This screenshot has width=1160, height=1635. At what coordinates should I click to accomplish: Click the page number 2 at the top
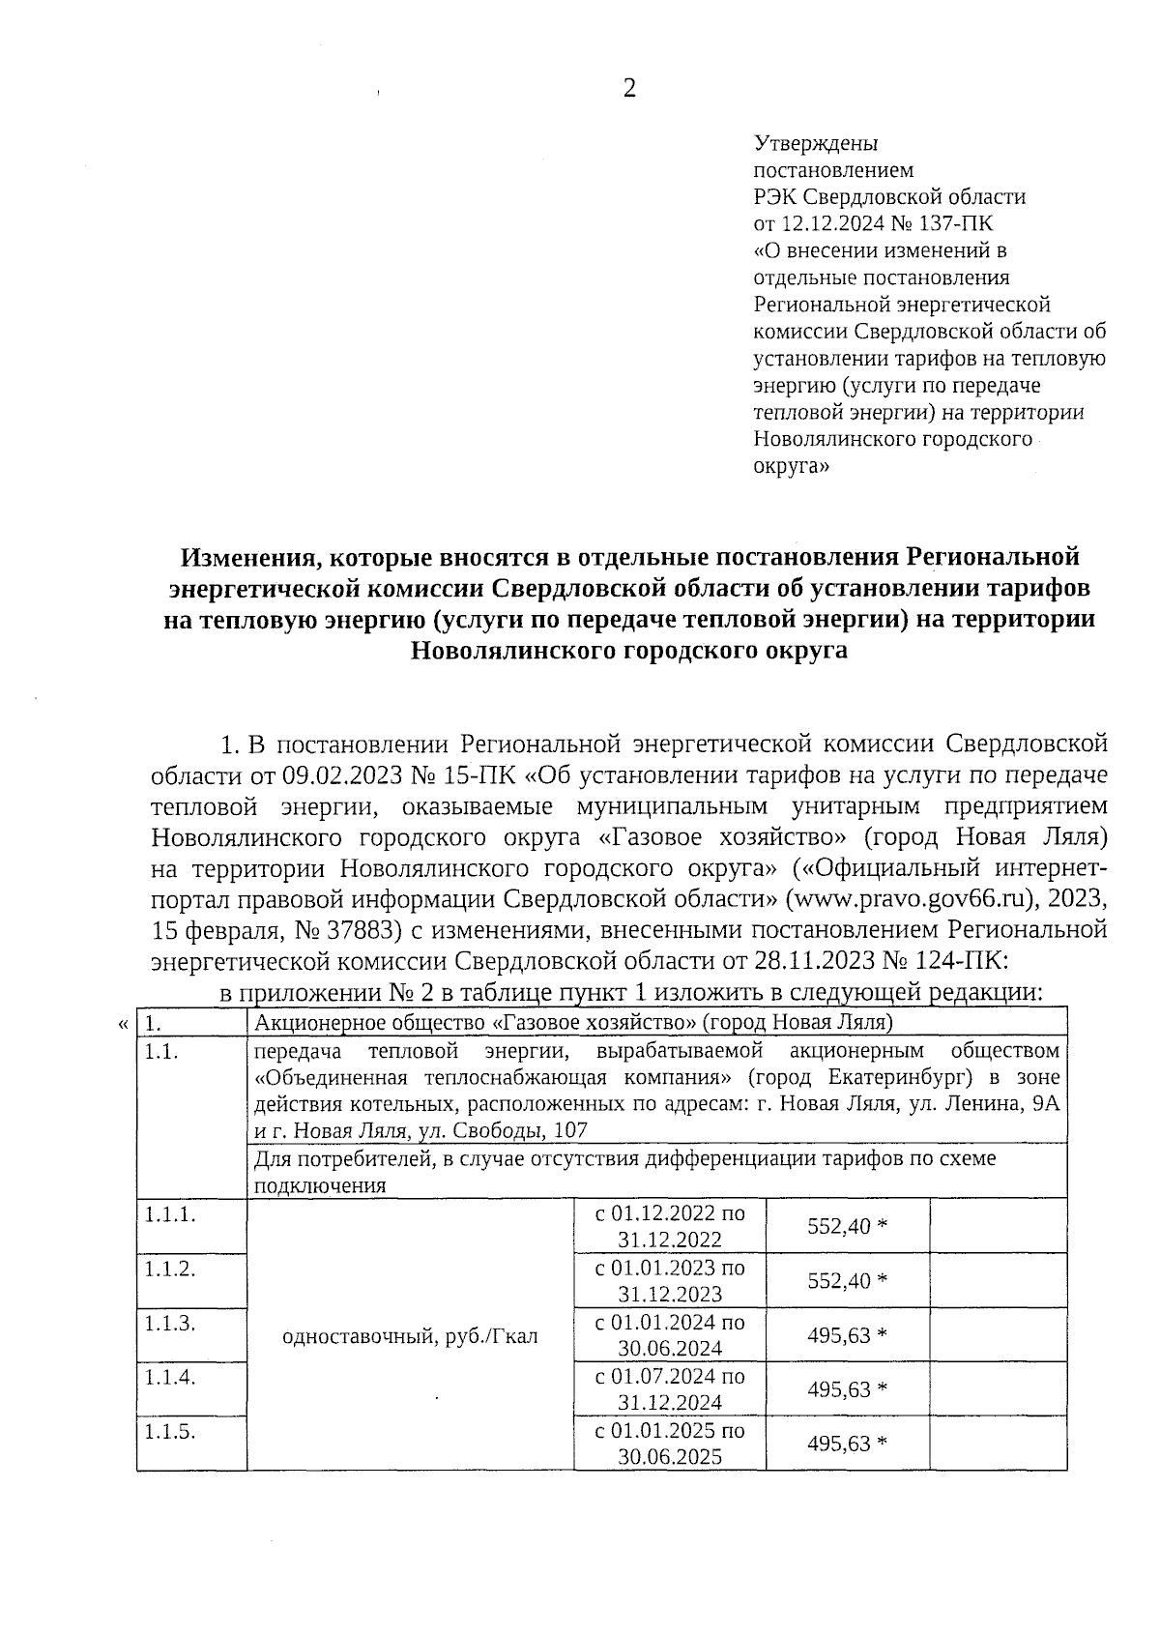point(629,89)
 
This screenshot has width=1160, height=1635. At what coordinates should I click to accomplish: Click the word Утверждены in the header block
point(815,144)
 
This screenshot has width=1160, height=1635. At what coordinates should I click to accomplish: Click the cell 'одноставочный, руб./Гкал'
point(410,1336)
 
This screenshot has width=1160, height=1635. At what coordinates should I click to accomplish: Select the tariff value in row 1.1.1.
point(847,1226)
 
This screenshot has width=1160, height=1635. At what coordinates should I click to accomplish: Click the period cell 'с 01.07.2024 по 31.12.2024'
point(670,1389)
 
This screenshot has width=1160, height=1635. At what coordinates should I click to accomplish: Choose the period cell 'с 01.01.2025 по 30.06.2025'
point(670,1444)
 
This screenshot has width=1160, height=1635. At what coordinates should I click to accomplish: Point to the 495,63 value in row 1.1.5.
point(847,1444)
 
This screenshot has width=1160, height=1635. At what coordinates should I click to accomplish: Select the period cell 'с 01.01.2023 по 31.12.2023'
point(670,1280)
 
